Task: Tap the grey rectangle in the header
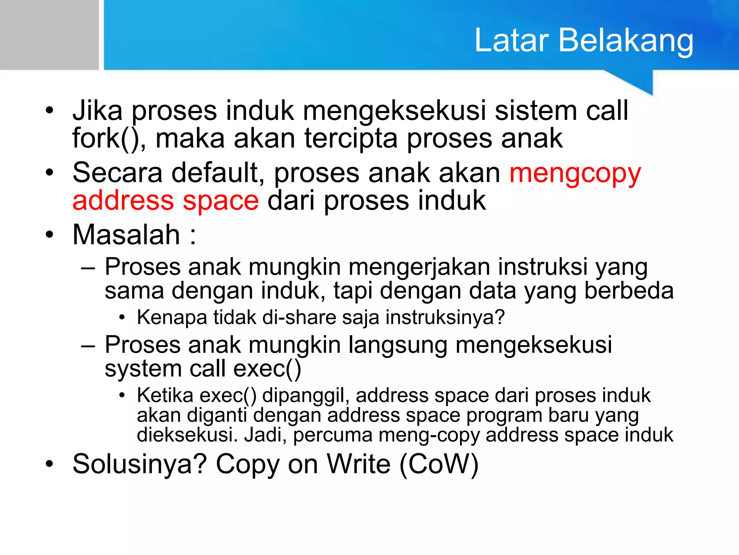tap(49, 35)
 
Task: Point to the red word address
tap(123, 201)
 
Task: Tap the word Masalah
tap(126, 235)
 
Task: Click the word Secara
tap(117, 173)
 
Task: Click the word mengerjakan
tap(419, 268)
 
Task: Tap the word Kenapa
tap(172, 318)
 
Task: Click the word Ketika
tap(165, 395)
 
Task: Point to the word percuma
tap(332, 435)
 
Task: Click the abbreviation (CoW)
tap(439, 464)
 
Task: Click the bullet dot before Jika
tap(49, 110)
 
